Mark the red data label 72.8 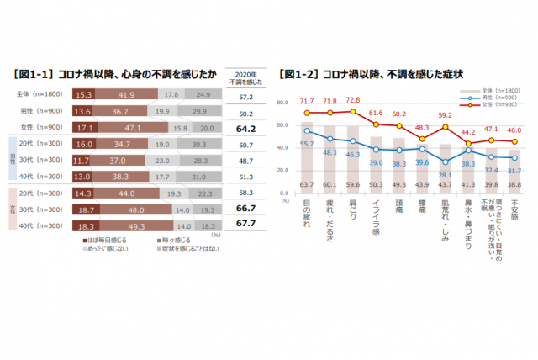coord(354,99)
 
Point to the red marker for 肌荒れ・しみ coord(446,127)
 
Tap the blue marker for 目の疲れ coord(308,131)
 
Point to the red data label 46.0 coord(514,131)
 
